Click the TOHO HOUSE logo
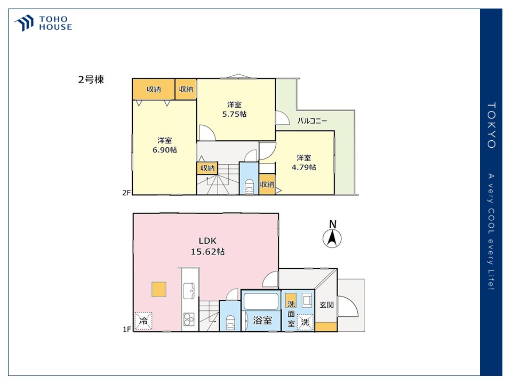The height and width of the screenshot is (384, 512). point(43,23)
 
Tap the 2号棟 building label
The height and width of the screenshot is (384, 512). point(91,79)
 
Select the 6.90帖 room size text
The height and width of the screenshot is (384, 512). point(165,150)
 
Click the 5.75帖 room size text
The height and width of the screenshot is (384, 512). point(234,114)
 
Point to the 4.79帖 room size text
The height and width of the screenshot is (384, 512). point(303,167)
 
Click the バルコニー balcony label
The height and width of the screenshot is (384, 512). point(312,121)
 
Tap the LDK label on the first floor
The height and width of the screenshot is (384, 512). point(207,241)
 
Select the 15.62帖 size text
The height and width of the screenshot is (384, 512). point(207,252)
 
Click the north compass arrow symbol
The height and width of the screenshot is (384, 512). point(332,238)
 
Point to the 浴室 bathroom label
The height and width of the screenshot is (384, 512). point(262,321)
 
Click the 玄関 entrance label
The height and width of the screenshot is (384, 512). point(326,305)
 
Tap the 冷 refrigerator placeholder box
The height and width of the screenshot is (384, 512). point(143,321)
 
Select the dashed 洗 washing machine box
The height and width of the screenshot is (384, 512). point(305,322)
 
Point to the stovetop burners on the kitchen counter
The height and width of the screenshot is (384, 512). point(189,319)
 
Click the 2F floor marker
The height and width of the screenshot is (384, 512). point(126,193)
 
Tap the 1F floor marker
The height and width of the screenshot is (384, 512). point(127,330)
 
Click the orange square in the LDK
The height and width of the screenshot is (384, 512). point(159,289)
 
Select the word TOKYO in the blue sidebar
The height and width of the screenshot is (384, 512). point(491,125)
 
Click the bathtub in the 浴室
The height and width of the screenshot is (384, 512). point(261,301)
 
